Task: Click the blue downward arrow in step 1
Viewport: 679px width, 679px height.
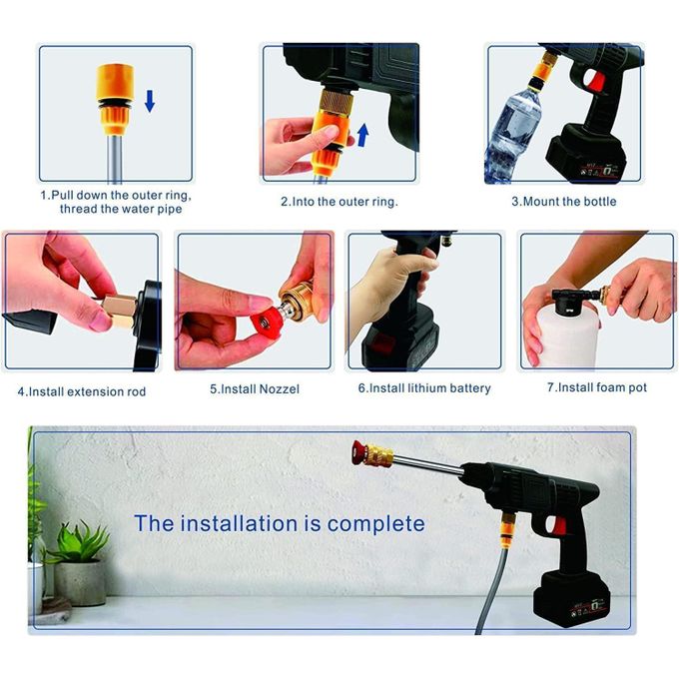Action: [x=149, y=100]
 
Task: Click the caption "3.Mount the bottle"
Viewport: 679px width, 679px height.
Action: [x=564, y=201]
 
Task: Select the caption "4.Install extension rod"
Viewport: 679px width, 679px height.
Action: [x=81, y=391]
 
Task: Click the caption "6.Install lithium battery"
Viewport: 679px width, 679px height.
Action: [x=424, y=388]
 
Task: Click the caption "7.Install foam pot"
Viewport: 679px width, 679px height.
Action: [x=596, y=387]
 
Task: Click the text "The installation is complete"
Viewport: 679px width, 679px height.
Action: [x=280, y=523]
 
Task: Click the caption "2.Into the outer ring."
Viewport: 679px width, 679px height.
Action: [x=339, y=201]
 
